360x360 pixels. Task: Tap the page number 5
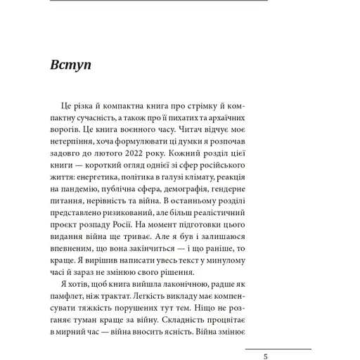pyautogui.click(x=265, y=356)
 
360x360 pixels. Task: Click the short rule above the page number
pyautogui.click(x=278, y=349)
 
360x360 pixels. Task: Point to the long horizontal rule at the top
pyautogui.click(x=160, y=1)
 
